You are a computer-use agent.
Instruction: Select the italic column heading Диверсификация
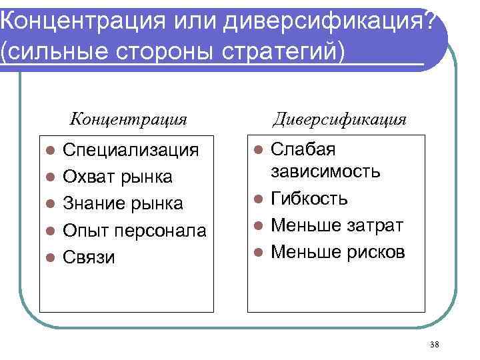339,120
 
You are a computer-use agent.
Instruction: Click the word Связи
89,257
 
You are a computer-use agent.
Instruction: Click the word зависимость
325,171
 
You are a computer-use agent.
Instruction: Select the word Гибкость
309,199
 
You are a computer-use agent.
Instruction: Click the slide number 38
435,344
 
